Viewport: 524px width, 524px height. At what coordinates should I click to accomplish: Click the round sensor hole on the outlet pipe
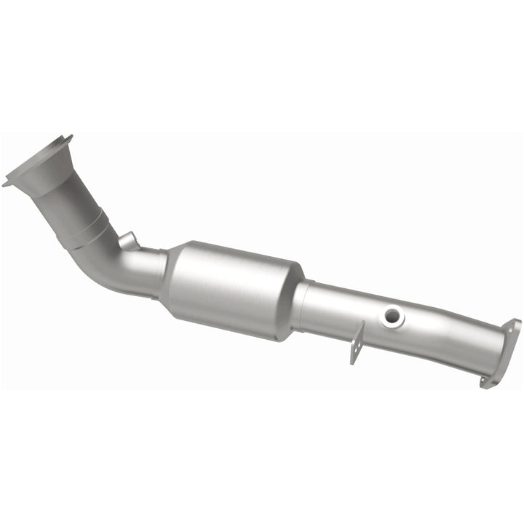(393, 315)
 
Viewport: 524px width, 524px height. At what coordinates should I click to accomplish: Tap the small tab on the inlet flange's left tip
(7, 182)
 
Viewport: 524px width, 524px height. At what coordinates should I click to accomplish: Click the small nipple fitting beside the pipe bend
(127, 239)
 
